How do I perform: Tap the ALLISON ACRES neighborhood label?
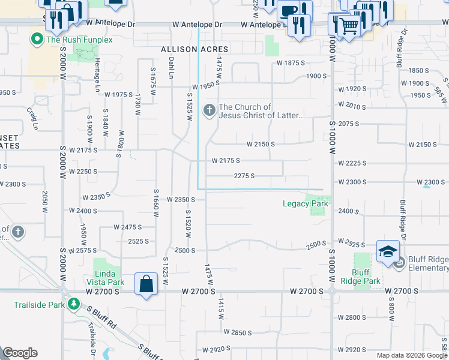click(x=193, y=49)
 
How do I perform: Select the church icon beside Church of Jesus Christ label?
click(x=209, y=110)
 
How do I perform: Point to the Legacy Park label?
click(x=306, y=204)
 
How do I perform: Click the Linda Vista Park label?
click(x=109, y=278)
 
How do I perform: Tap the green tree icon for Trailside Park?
click(x=74, y=304)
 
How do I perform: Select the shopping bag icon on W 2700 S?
click(x=147, y=284)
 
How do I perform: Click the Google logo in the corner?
click(x=20, y=353)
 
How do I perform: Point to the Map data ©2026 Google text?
click(x=412, y=355)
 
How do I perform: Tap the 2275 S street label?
click(x=244, y=176)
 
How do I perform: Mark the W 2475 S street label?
click(x=127, y=227)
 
